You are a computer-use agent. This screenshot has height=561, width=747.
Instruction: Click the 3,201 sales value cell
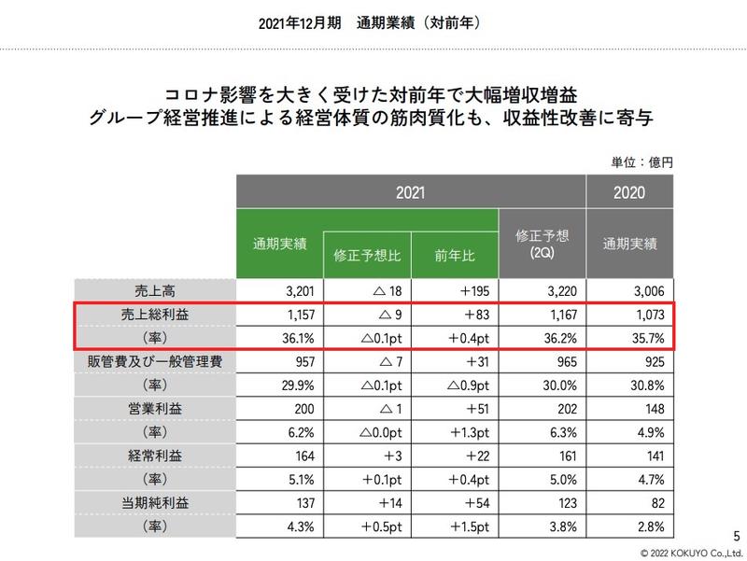pyautogui.click(x=277, y=289)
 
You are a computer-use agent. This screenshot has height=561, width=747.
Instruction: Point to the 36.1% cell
pyautogui.click(x=277, y=338)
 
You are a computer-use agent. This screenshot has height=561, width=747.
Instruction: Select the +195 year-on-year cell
pyautogui.click(x=454, y=289)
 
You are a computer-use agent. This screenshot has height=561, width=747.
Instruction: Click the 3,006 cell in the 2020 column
pyautogui.click(x=630, y=289)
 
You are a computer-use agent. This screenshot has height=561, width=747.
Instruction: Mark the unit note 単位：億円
pyautogui.click(x=642, y=161)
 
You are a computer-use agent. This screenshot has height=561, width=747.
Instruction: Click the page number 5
pyautogui.click(x=737, y=534)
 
